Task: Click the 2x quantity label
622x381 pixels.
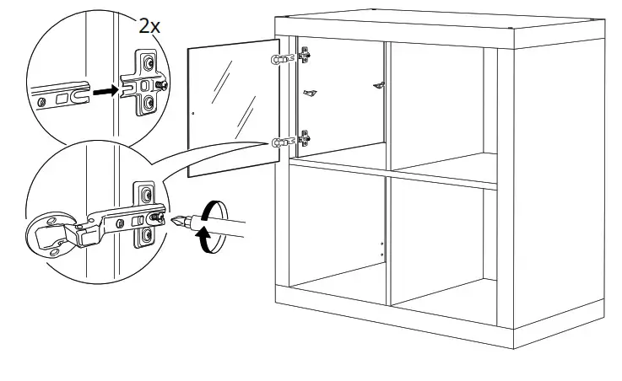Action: coord(150,25)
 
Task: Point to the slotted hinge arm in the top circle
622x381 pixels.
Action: coord(59,95)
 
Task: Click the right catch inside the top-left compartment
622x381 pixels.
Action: coord(380,83)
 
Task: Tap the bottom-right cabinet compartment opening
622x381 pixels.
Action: coord(443,244)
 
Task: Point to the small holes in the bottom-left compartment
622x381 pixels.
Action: coord(381,250)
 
